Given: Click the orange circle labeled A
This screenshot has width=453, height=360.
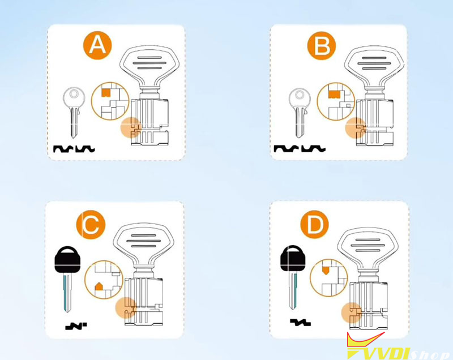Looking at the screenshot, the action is pyautogui.click(x=97, y=45).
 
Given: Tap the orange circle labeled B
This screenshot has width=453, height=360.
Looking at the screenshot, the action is pyautogui.click(x=321, y=46).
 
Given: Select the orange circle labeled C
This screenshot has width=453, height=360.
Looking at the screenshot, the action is pyautogui.click(x=91, y=225).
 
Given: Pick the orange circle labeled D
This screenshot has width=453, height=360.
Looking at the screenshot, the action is pyautogui.click(x=315, y=224).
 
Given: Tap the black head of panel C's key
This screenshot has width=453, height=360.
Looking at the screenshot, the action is pyautogui.click(x=67, y=260).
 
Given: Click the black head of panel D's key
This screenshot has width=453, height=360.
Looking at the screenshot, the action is pyautogui.click(x=293, y=258).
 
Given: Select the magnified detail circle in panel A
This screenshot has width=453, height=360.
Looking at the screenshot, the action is pyautogui.click(x=110, y=101).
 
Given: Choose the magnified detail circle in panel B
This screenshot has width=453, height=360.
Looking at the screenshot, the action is pyautogui.click(x=336, y=101).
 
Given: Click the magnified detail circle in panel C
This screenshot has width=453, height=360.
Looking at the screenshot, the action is pyautogui.click(x=104, y=280).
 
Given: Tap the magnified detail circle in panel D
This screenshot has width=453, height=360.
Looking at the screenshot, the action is pyautogui.click(x=329, y=278).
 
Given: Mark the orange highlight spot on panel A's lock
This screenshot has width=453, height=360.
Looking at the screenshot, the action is pyautogui.click(x=131, y=127).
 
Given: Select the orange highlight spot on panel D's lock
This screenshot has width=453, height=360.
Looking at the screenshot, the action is pyautogui.click(x=352, y=312).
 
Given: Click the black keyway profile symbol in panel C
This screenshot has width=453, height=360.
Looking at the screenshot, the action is pyautogui.click(x=76, y=326).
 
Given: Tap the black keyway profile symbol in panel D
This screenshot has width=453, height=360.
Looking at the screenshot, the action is pyautogui.click(x=300, y=323).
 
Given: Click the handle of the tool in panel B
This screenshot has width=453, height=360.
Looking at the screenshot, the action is pyautogui.click(x=374, y=65).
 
